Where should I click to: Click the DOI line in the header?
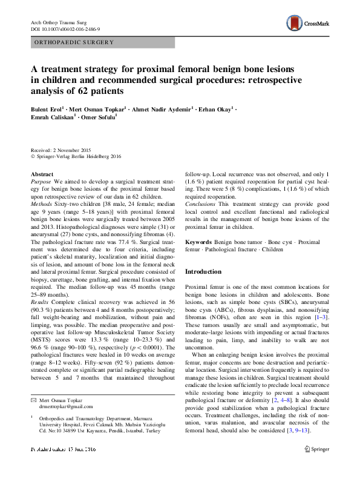click(65, 29)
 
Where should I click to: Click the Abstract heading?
click(41, 174)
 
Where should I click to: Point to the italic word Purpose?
click(41, 181)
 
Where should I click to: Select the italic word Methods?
click(42, 205)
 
